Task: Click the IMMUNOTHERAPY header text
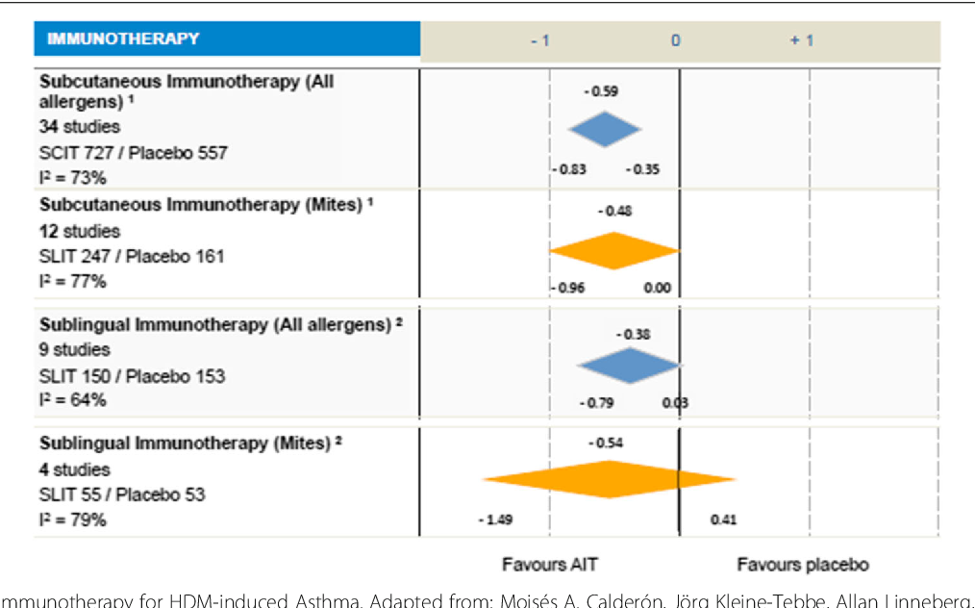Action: click(123, 39)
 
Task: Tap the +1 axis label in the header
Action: click(801, 40)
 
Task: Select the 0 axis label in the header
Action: click(675, 40)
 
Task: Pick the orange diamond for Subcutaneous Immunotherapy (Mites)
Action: click(614, 250)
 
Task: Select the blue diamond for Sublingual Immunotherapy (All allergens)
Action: click(630, 366)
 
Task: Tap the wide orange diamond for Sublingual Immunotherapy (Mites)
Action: click(610, 479)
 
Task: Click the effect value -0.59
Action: click(601, 91)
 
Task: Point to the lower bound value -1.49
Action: click(495, 520)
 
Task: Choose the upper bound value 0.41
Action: click(723, 520)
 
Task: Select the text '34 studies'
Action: click(80, 126)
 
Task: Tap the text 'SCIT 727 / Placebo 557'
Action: click(134, 152)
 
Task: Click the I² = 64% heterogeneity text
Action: click(73, 400)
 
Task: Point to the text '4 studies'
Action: click(75, 469)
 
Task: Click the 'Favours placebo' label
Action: click(802, 565)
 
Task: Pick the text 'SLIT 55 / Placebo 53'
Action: click(122, 494)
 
